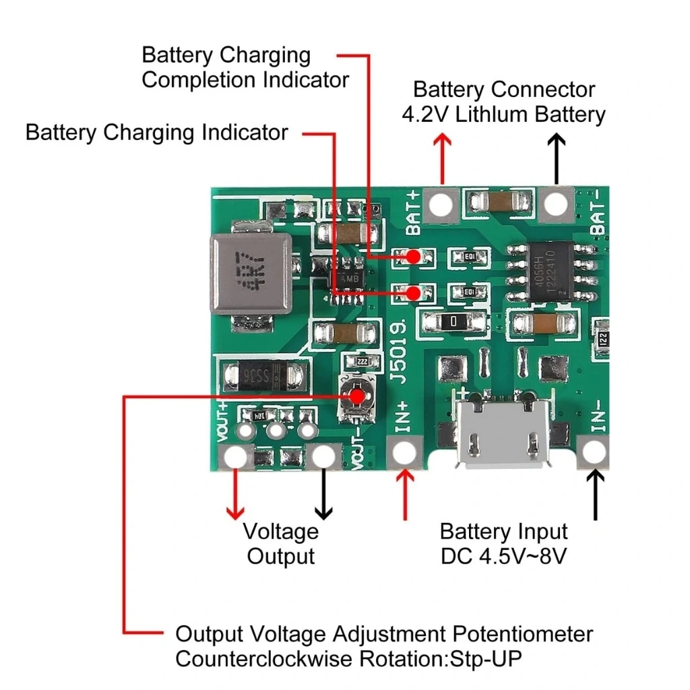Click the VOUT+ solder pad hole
tap(236, 458)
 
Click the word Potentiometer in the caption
tap(522, 634)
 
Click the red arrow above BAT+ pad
tap(442, 158)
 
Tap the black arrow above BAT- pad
tap(557, 158)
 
